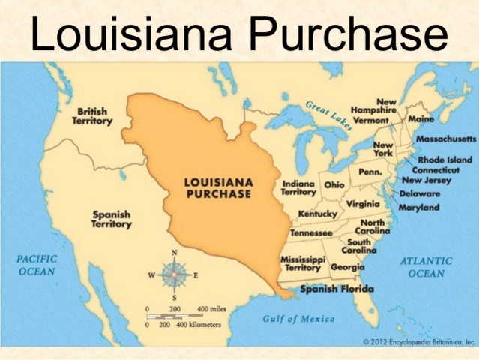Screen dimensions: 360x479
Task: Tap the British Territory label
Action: click(x=92, y=116)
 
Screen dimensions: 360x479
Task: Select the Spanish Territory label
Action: click(x=112, y=218)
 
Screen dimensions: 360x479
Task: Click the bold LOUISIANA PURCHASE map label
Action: click(x=218, y=187)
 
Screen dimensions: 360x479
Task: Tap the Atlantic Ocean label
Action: click(x=426, y=267)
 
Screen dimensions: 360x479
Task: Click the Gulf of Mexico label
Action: click(x=299, y=319)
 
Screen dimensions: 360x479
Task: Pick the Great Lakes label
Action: click(x=328, y=114)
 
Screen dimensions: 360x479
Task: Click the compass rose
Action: click(x=174, y=275)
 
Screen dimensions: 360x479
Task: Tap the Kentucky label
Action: click(x=318, y=214)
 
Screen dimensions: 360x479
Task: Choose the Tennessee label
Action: click(x=311, y=232)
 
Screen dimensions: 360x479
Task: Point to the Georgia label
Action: click(x=348, y=267)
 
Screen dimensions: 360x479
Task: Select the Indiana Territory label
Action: click(x=298, y=187)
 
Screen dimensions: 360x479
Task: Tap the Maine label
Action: click(x=421, y=119)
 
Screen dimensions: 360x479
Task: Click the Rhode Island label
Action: click(x=445, y=160)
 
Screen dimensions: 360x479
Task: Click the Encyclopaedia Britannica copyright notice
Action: click(x=419, y=341)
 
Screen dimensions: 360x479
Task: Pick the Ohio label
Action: click(x=334, y=184)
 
